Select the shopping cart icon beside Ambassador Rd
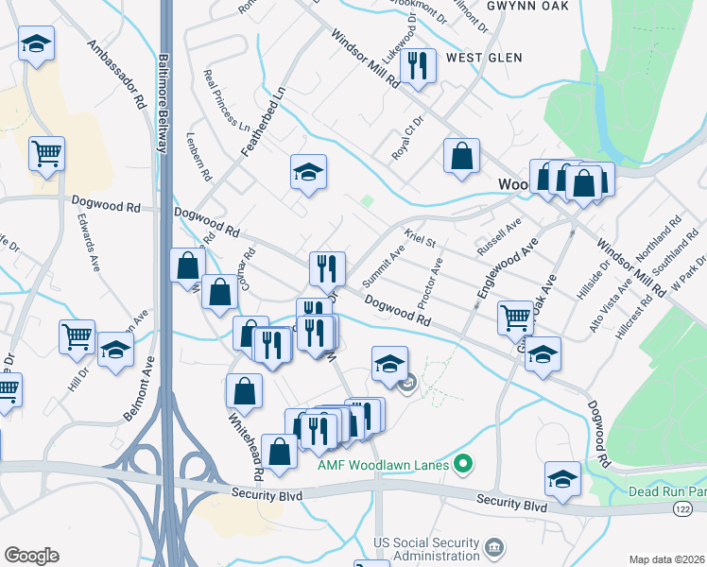[46, 153]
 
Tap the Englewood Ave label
[493, 268]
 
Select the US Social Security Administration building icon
[493, 549]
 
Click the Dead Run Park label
[667, 492]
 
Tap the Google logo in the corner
[31, 556]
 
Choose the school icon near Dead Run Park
[563, 479]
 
